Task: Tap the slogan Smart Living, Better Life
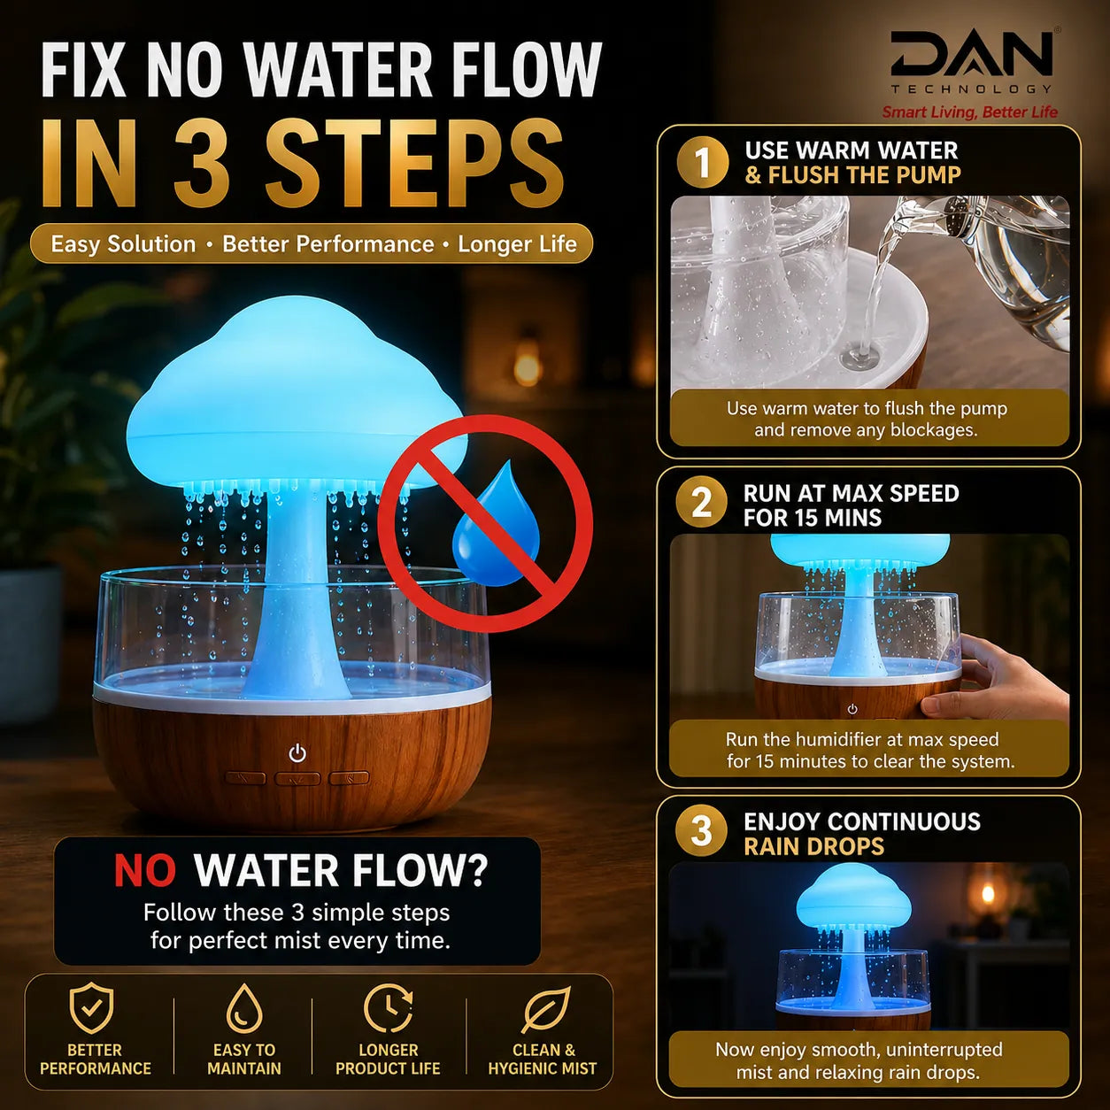click(970, 112)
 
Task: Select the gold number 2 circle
click(702, 502)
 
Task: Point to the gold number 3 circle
click(701, 831)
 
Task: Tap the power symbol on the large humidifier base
click(297, 753)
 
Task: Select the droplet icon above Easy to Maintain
click(244, 1008)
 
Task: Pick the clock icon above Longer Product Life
click(389, 1008)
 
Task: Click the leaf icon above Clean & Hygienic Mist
click(545, 1008)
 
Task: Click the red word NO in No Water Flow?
click(144, 870)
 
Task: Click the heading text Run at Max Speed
click(851, 494)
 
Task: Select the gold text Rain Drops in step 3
click(813, 846)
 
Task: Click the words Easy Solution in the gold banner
click(123, 244)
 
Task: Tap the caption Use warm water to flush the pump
click(867, 408)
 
